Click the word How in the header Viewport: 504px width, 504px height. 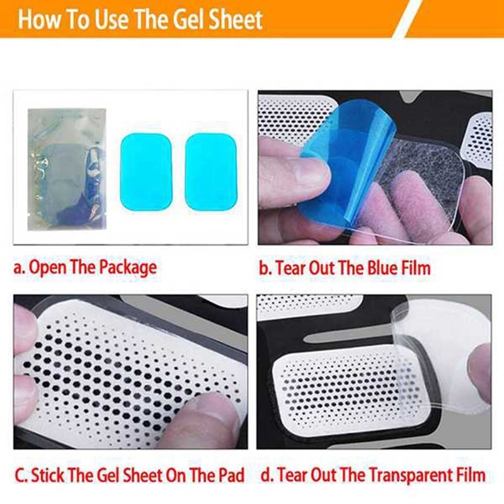(x=41, y=20)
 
